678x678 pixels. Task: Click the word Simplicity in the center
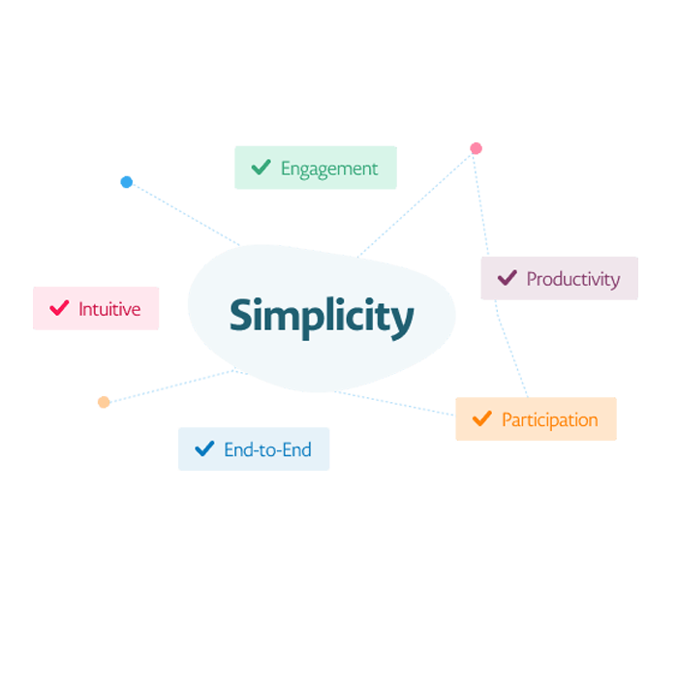(x=322, y=317)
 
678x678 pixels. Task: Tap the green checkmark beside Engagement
(x=262, y=167)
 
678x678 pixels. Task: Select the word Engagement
(x=329, y=169)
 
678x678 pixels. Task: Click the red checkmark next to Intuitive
(x=59, y=308)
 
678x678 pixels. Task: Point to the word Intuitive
(x=109, y=309)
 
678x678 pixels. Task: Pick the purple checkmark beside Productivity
(x=508, y=278)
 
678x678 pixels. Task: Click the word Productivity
(x=573, y=279)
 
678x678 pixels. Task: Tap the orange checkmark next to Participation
(x=482, y=418)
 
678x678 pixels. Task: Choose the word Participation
(x=549, y=419)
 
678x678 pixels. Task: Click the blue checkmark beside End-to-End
(x=204, y=448)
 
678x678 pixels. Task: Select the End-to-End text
(x=267, y=449)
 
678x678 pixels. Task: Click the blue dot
(x=126, y=182)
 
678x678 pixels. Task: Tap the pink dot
(x=477, y=148)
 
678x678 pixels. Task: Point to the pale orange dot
(x=104, y=402)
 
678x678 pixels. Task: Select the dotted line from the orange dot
(x=171, y=385)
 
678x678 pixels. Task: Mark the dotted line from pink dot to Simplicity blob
(x=415, y=205)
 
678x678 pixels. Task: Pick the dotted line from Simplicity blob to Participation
(x=394, y=403)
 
